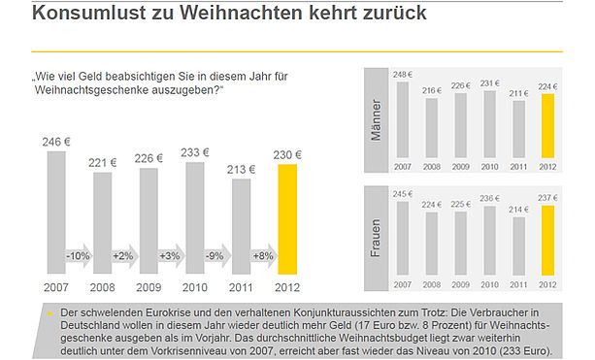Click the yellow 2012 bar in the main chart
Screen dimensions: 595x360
point(287,219)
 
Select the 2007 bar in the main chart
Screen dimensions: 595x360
point(56,213)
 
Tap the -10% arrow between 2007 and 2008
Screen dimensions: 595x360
point(79,256)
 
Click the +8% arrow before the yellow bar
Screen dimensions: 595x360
point(264,256)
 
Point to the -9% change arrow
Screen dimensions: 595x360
point(217,256)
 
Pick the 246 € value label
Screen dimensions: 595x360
point(56,142)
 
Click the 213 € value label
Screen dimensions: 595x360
point(242,169)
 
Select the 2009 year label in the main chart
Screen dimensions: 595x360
point(149,287)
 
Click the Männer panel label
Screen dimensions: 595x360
point(376,120)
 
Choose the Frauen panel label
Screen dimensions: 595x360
point(375,238)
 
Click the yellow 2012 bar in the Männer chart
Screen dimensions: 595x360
point(547,126)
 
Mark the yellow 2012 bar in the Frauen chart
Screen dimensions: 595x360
point(547,241)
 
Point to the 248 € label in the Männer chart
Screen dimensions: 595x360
point(403,75)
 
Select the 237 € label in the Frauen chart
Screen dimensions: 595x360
point(547,198)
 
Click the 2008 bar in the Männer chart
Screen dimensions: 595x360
point(432,128)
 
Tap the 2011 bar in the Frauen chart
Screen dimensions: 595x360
point(518,246)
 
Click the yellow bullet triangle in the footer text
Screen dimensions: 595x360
point(50,313)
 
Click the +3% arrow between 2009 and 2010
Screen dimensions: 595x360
point(171,256)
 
